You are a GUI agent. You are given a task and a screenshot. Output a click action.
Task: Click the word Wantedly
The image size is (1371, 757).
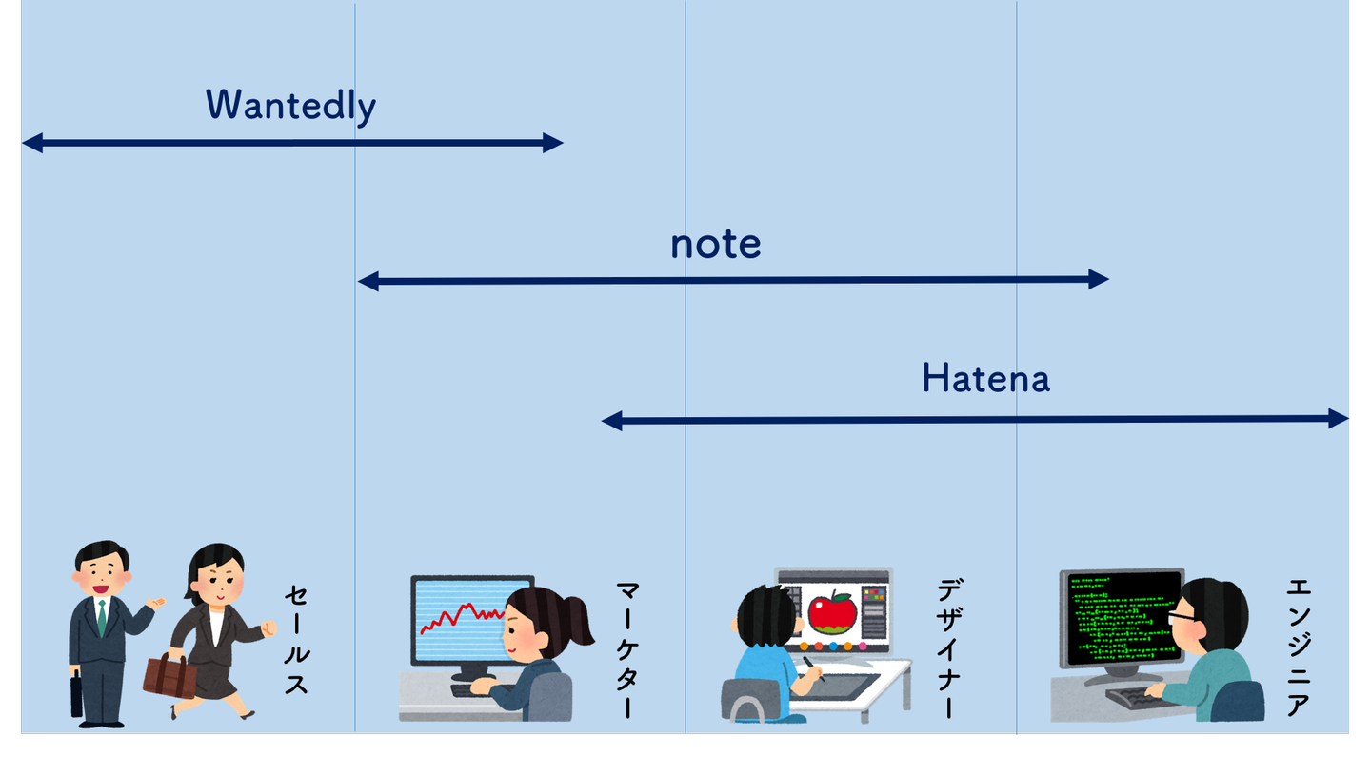click(x=290, y=106)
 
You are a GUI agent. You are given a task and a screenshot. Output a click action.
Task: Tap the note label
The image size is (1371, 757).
click(x=715, y=245)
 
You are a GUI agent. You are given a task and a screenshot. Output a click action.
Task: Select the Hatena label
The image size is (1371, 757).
click(x=985, y=379)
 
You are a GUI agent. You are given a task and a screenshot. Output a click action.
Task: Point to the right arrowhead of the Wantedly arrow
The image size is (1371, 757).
click(x=553, y=144)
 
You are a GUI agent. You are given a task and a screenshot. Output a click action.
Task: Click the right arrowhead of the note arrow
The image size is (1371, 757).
click(x=1099, y=279)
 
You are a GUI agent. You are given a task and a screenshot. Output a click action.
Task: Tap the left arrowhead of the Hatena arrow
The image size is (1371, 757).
click(x=612, y=420)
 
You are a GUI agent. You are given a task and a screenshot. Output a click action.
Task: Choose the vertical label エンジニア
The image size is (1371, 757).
click(x=1298, y=647)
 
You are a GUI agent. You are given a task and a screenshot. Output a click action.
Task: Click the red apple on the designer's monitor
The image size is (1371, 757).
click(x=832, y=611)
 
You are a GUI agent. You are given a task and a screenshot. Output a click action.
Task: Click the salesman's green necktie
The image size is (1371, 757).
click(x=102, y=618)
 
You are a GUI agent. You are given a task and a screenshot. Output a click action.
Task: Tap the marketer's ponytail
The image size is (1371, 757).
click(x=577, y=619)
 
